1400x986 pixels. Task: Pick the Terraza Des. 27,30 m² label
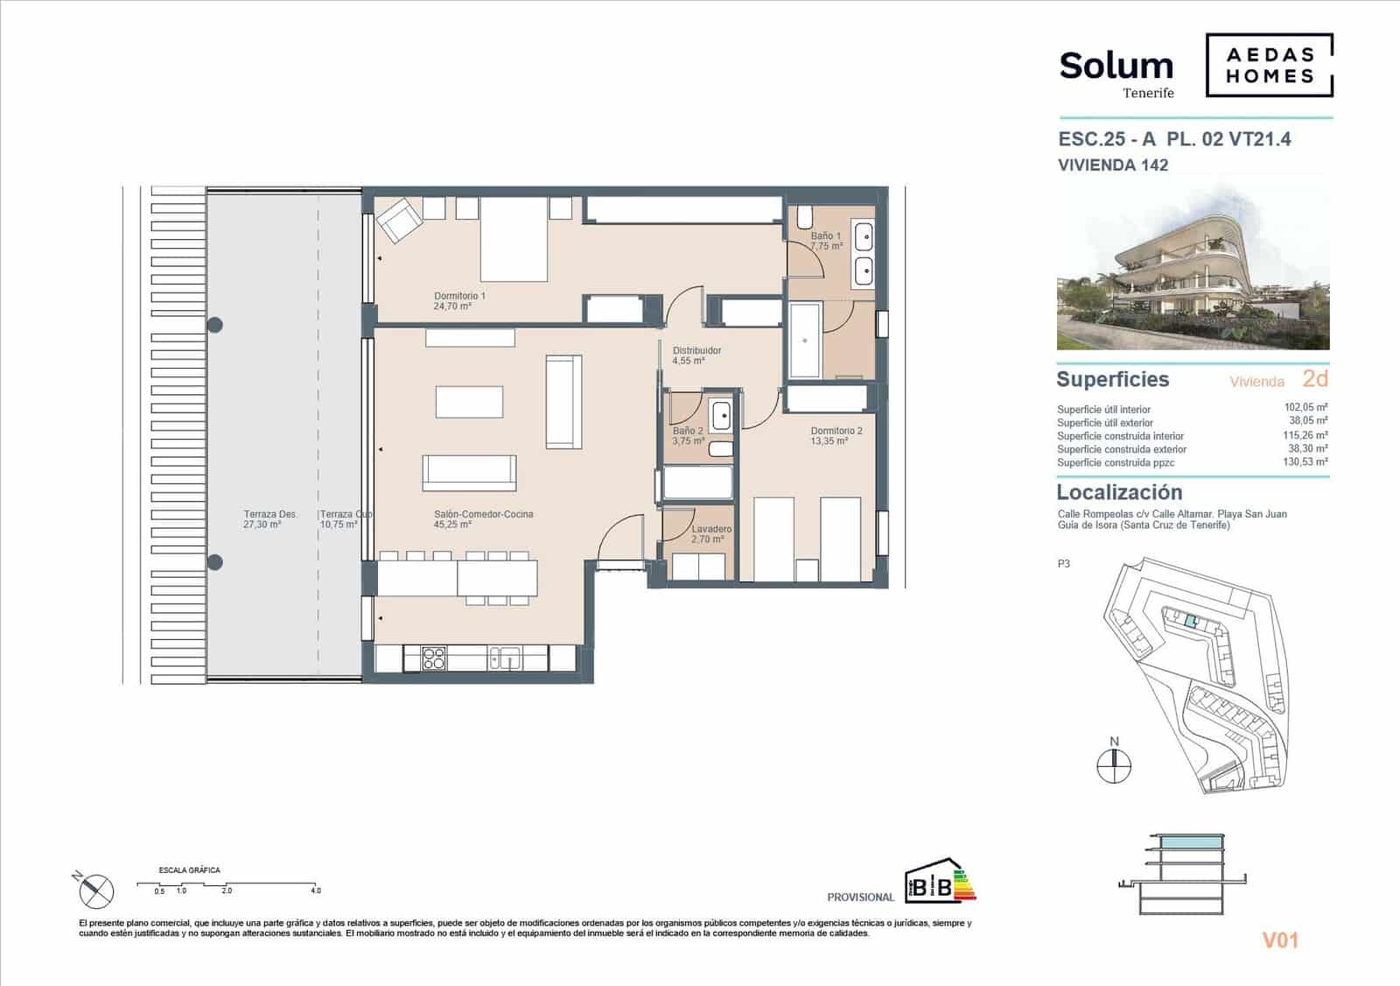(x=262, y=519)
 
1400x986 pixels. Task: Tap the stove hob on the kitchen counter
(x=434, y=658)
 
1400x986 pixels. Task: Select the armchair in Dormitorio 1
(x=399, y=220)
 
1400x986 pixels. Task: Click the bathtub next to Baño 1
(x=804, y=340)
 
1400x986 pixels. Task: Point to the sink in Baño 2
(x=721, y=415)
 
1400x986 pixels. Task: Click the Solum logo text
(x=1116, y=66)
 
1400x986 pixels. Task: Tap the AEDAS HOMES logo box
(x=1269, y=65)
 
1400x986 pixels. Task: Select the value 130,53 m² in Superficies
(x=1305, y=461)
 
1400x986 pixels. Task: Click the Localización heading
(x=1119, y=492)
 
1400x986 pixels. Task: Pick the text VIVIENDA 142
(x=1113, y=165)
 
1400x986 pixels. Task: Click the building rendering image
(x=1193, y=268)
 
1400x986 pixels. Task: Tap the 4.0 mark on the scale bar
(x=316, y=891)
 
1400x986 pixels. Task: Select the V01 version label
(x=1280, y=940)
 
